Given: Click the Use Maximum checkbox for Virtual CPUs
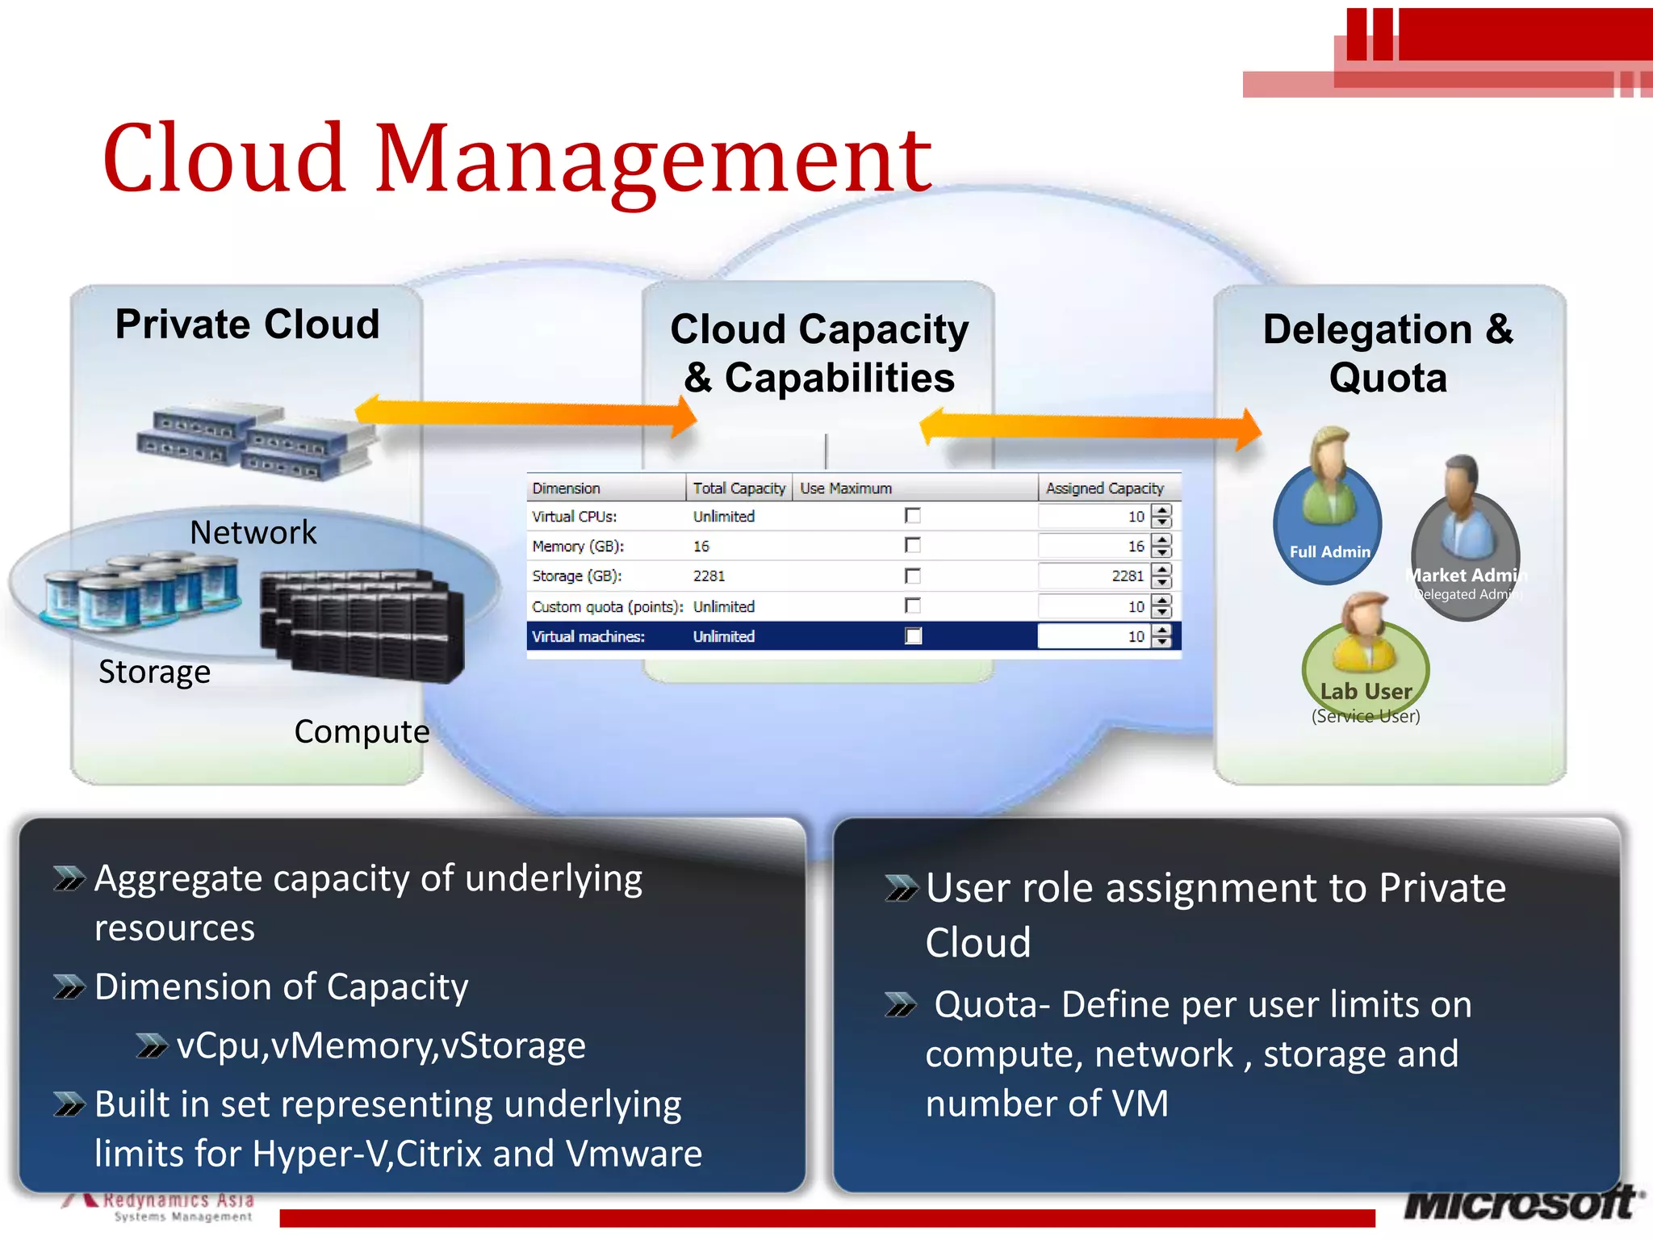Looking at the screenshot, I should [x=913, y=516].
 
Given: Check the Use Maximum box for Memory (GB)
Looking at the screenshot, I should [x=913, y=546].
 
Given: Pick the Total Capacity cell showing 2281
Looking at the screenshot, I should [x=709, y=576].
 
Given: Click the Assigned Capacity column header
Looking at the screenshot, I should [x=1105, y=488].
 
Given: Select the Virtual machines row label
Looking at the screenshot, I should [x=588, y=637].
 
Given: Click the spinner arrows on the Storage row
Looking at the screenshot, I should [x=1161, y=576].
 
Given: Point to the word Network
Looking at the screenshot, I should [x=253, y=533].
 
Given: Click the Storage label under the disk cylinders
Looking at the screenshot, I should [x=155, y=672].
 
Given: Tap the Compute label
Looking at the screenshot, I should [x=362, y=732].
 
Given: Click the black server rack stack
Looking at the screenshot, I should [x=363, y=626].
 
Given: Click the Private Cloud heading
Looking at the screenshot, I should [x=247, y=325].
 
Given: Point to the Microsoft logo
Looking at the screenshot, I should [x=1521, y=1204].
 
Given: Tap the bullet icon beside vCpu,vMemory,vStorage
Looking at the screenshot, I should [x=151, y=1046].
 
